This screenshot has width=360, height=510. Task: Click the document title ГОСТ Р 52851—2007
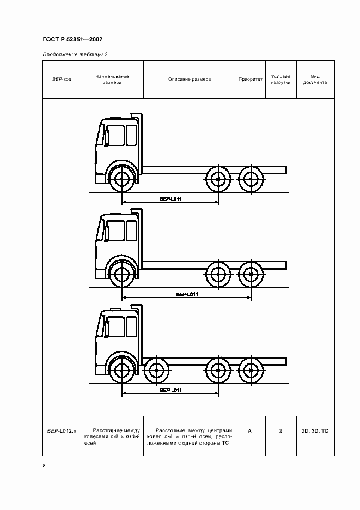tap(72, 39)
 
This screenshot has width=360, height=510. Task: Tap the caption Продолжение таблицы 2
tap(75, 54)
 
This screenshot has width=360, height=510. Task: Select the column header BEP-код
tap(62, 79)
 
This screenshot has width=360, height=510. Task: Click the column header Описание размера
tap(190, 79)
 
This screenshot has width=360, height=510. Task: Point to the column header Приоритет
tap(251, 79)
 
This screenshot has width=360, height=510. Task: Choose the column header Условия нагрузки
tap(280, 80)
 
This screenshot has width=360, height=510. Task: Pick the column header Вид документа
tap(315, 80)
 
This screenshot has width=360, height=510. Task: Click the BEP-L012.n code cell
tap(62, 430)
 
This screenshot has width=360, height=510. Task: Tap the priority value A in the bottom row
tap(250, 430)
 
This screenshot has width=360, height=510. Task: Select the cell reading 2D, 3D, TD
tap(315, 430)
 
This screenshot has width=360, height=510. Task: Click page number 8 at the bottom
tap(44, 466)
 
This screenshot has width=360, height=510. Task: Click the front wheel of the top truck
tap(122, 179)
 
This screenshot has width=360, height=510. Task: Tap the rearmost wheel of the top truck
tap(251, 179)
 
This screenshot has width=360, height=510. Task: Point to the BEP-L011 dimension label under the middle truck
tap(187, 294)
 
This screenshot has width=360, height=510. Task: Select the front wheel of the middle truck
tap(122, 275)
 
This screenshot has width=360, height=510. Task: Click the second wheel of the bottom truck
tap(157, 371)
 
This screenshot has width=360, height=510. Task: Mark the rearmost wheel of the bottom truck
tap(251, 371)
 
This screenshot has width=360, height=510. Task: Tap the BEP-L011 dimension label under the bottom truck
tap(170, 390)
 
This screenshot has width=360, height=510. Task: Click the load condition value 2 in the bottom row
tap(280, 430)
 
